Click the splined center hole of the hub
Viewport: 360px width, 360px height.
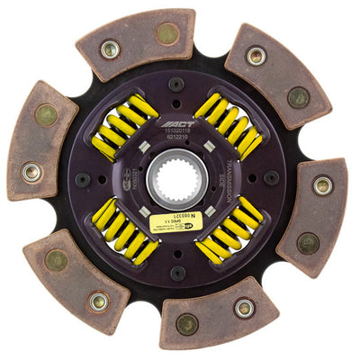tap(177, 180)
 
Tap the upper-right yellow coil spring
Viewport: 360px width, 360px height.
tap(229, 126)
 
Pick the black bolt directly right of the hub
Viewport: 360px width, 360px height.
tap(271, 178)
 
